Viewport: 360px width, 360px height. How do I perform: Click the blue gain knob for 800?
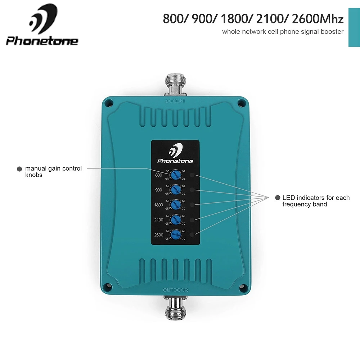[x=175, y=175]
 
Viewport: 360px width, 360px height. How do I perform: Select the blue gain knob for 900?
[x=175, y=190]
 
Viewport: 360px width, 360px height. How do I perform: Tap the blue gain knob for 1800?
[x=175, y=205]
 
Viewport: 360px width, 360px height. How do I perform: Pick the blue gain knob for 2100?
[x=175, y=220]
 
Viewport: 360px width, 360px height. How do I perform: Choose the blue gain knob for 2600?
[x=175, y=235]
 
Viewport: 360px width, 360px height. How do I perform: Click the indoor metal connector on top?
[x=174, y=83]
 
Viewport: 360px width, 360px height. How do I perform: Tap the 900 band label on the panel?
[x=158, y=190]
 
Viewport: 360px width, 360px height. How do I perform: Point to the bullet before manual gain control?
[x=19, y=168]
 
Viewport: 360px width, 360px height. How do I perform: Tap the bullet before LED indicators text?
[x=278, y=198]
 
